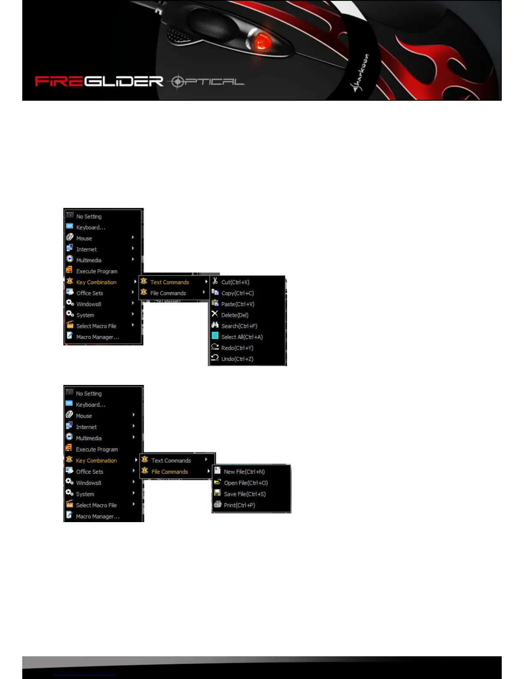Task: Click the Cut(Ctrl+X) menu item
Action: [235, 282]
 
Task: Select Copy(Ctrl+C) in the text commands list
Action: [237, 293]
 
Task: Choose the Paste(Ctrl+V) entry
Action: [238, 304]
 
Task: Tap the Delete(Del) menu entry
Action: [235, 315]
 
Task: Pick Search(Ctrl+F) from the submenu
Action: [239, 326]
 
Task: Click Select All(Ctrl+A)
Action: [242, 337]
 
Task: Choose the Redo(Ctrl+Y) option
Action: [237, 348]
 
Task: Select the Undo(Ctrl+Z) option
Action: [237, 359]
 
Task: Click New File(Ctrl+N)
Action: [244, 472]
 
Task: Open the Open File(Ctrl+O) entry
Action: [246, 483]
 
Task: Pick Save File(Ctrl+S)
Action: [244, 494]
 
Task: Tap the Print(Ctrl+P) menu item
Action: [239, 505]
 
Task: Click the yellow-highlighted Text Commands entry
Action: [170, 282]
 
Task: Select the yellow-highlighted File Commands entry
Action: [170, 472]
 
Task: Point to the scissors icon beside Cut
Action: [215, 282]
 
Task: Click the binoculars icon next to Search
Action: [215, 325]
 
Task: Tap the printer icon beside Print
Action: [217, 505]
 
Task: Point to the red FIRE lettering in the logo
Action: [59, 81]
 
